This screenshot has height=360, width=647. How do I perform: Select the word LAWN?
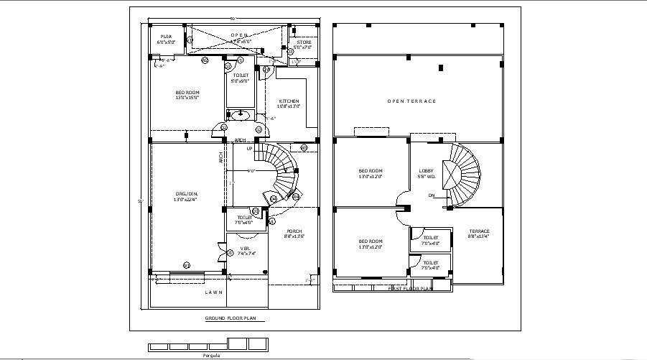click(213, 292)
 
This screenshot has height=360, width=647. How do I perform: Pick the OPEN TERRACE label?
click(411, 101)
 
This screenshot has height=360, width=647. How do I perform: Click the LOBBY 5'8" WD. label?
click(427, 174)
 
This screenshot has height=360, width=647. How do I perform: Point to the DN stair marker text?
click(432, 195)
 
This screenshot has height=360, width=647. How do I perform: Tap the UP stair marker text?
click(249, 149)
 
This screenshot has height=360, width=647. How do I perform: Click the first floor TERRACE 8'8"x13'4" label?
click(478, 233)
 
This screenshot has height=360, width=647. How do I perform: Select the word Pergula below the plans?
click(210, 355)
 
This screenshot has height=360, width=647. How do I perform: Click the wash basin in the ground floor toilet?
click(239, 114)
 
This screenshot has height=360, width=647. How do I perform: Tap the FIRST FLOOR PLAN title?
click(410, 288)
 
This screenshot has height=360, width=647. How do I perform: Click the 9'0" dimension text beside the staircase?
click(251, 171)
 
